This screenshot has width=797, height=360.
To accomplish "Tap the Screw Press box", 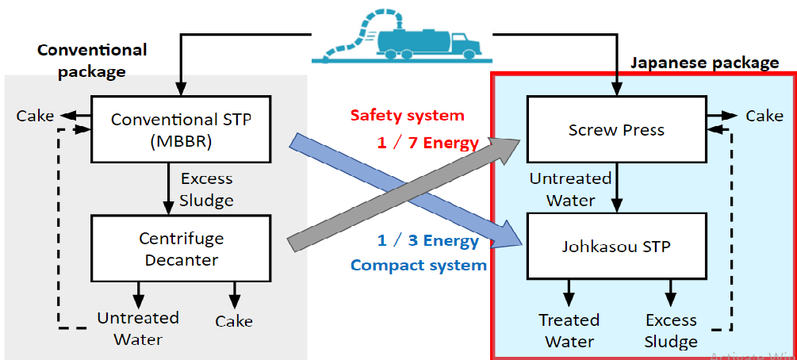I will [x=616, y=129].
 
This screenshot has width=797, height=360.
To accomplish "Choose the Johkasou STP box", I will [x=616, y=247].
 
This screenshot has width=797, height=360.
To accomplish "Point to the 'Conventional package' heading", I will [x=92, y=60].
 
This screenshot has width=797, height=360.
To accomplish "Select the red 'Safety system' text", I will [x=408, y=115].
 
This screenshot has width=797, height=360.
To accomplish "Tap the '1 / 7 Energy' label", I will [x=429, y=143].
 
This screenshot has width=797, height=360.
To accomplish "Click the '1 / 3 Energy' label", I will [x=429, y=240].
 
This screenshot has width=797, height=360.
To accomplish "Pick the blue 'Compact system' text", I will [x=419, y=265].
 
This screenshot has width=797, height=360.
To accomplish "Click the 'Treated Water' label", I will [x=569, y=331].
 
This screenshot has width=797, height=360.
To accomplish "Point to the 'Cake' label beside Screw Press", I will [x=764, y=116].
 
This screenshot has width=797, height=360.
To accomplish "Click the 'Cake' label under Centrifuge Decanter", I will [x=234, y=321].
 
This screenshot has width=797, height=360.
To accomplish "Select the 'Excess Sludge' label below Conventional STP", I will [x=207, y=189].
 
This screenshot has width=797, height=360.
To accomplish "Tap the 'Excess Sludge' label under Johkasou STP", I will [x=671, y=331].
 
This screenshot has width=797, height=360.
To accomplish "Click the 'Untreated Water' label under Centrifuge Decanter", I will [x=138, y=328].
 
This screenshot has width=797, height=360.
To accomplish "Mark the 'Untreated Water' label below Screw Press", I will [x=570, y=189].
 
